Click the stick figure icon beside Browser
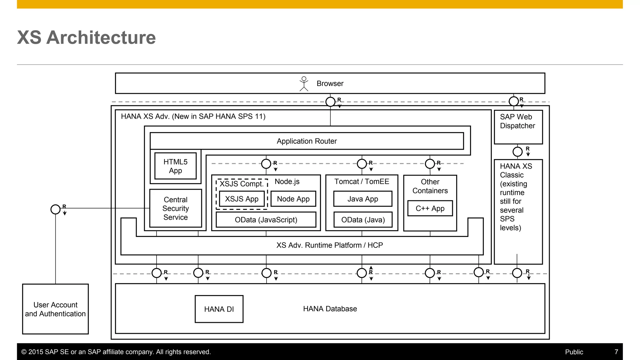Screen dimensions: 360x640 point(304,84)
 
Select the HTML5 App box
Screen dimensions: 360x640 point(175,166)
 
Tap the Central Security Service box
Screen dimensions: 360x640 point(175,208)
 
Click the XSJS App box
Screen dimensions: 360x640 point(242,199)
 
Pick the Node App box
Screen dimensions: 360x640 point(293,199)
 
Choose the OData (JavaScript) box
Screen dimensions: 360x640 point(266,220)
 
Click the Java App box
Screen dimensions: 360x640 point(362,199)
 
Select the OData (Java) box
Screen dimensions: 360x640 point(363,220)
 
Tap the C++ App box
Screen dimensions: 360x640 point(430,208)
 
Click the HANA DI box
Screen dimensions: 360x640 point(219,309)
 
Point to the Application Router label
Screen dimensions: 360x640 point(307,141)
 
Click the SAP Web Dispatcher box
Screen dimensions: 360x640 point(518,127)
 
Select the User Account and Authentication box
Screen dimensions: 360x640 point(55,309)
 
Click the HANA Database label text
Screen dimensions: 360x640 point(330,309)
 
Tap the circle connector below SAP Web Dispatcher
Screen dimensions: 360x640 point(517,152)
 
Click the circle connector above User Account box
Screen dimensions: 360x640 point(55,209)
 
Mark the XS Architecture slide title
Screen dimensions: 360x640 point(86,37)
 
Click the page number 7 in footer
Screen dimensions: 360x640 point(616,352)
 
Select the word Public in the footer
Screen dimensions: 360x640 point(574,352)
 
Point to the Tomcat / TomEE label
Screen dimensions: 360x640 point(362,182)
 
